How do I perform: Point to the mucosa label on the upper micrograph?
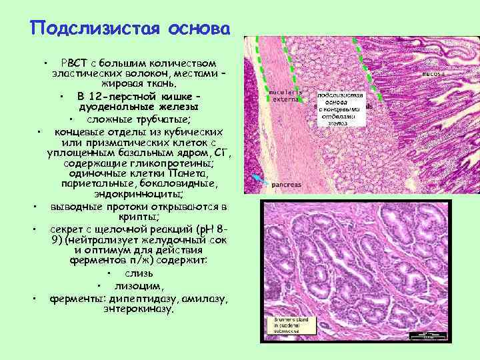coord(432,74)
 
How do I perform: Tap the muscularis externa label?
coord(286,95)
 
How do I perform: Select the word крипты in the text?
coord(137,217)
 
